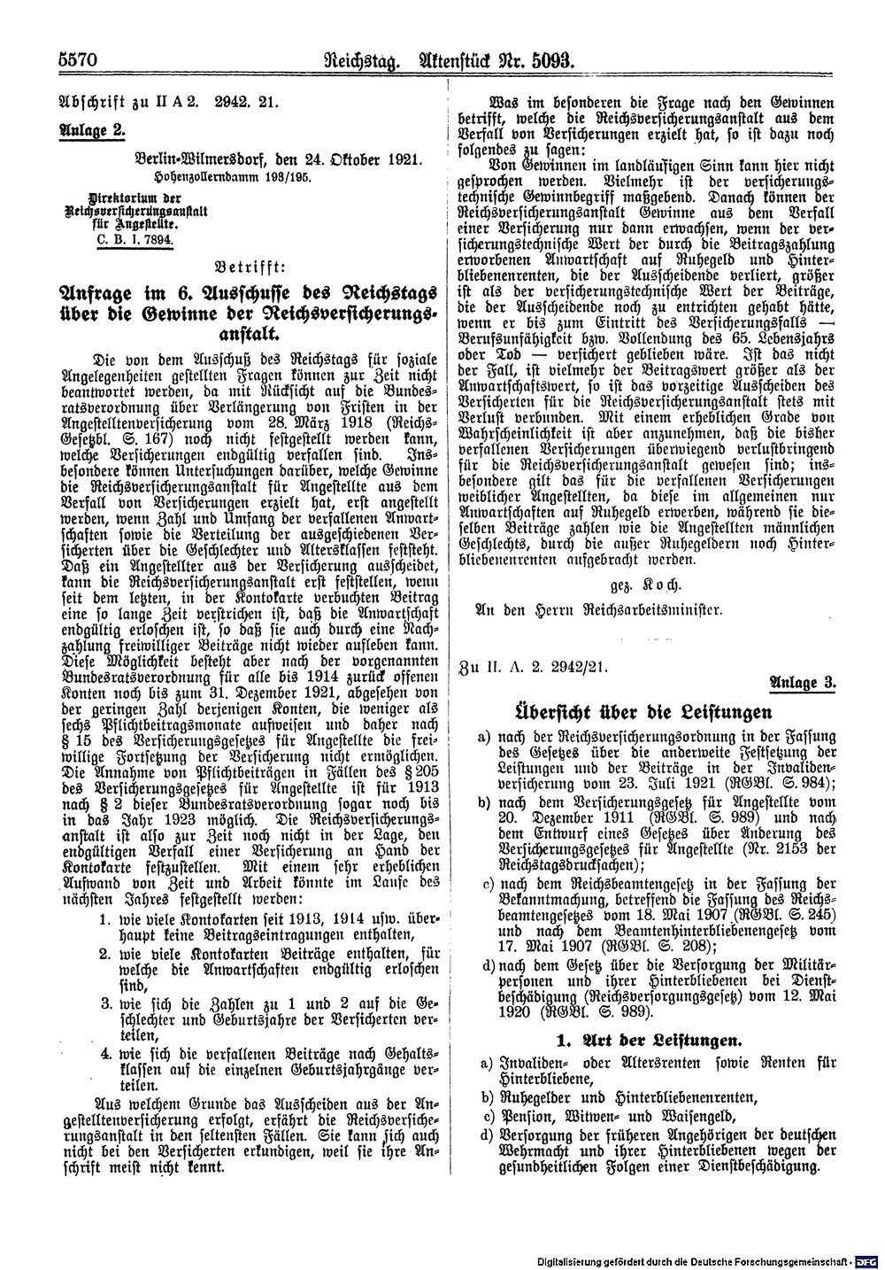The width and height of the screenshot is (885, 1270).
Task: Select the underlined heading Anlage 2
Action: [92, 128]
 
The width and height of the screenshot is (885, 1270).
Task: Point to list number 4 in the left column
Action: [104, 1053]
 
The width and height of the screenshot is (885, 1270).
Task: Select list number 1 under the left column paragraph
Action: [104, 919]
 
